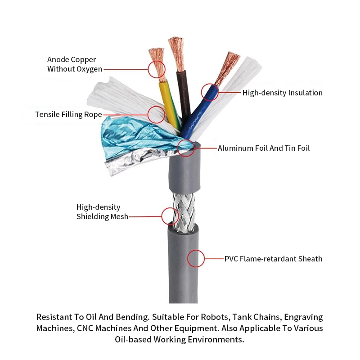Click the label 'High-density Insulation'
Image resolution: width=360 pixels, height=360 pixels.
point(283,93)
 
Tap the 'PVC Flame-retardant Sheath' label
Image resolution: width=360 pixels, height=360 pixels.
point(274,259)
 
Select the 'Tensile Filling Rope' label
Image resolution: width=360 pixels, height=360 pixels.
point(68,114)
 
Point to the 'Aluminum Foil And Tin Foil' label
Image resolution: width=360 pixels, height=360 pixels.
point(264,148)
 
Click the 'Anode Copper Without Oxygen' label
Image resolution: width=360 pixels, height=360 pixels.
point(72,64)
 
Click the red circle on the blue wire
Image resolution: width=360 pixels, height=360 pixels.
point(210,92)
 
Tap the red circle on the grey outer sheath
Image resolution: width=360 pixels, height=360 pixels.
point(196,258)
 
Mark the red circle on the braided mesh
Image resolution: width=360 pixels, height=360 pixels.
point(170,216)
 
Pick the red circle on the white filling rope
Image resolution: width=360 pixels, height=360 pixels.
point(157,115)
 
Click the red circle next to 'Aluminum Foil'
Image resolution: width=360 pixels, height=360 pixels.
point(186,148)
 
